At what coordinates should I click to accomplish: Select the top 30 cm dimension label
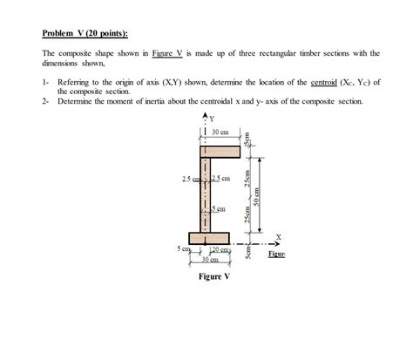(x=220, y=132)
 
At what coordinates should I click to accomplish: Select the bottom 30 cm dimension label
(x=209, y=260)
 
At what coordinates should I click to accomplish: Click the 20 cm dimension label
(x=218, y=251)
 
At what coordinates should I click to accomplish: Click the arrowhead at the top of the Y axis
(x=206, y=114)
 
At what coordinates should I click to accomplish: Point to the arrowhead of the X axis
(x=283, y=244)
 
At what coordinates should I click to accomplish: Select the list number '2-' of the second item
(x=47, y=101)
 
